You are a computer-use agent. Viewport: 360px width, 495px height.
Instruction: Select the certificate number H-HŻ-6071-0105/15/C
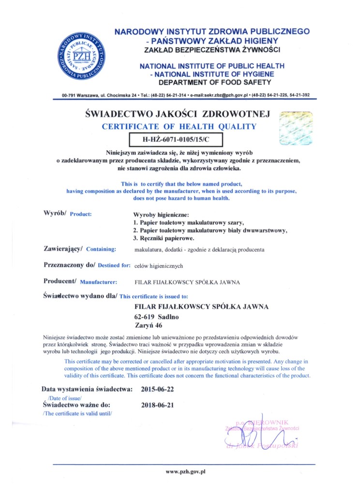(176, 140)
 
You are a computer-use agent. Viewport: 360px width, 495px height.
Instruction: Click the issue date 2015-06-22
(157, 389)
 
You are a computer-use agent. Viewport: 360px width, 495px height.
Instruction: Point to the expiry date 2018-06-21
(157, 405)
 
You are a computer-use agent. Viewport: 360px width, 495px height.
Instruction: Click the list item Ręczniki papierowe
(164, 238)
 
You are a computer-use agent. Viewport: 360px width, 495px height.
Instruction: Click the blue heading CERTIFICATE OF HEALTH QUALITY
(179, 127)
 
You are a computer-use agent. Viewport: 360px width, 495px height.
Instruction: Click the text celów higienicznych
(159, 265)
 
